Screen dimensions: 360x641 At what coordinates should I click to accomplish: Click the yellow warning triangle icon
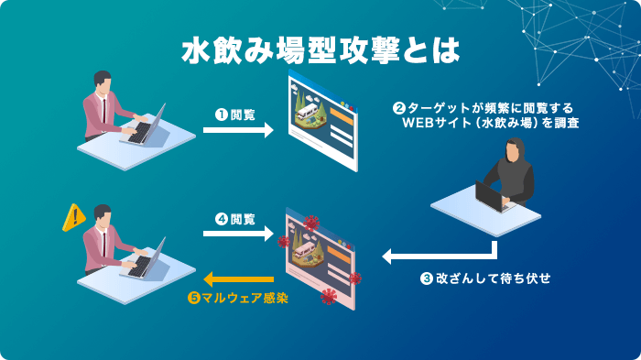(73, 218)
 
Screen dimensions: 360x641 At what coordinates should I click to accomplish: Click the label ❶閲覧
(234, 115)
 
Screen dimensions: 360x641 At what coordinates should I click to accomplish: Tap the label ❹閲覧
(234, 219)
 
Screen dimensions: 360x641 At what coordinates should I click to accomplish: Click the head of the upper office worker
(104, 82)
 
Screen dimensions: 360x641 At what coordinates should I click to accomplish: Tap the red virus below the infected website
(328, 296)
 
